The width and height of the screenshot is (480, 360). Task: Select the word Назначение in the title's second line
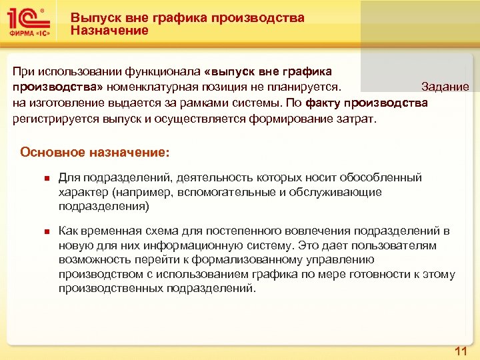click(x=110, y=31)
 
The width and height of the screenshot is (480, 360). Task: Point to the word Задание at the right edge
click(x=445, y=87)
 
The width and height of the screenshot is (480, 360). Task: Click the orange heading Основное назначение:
click(x=95, y=152)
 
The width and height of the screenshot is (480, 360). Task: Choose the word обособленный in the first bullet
click(x=381, y=177)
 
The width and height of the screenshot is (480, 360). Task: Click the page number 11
click(x=460, y=351)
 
